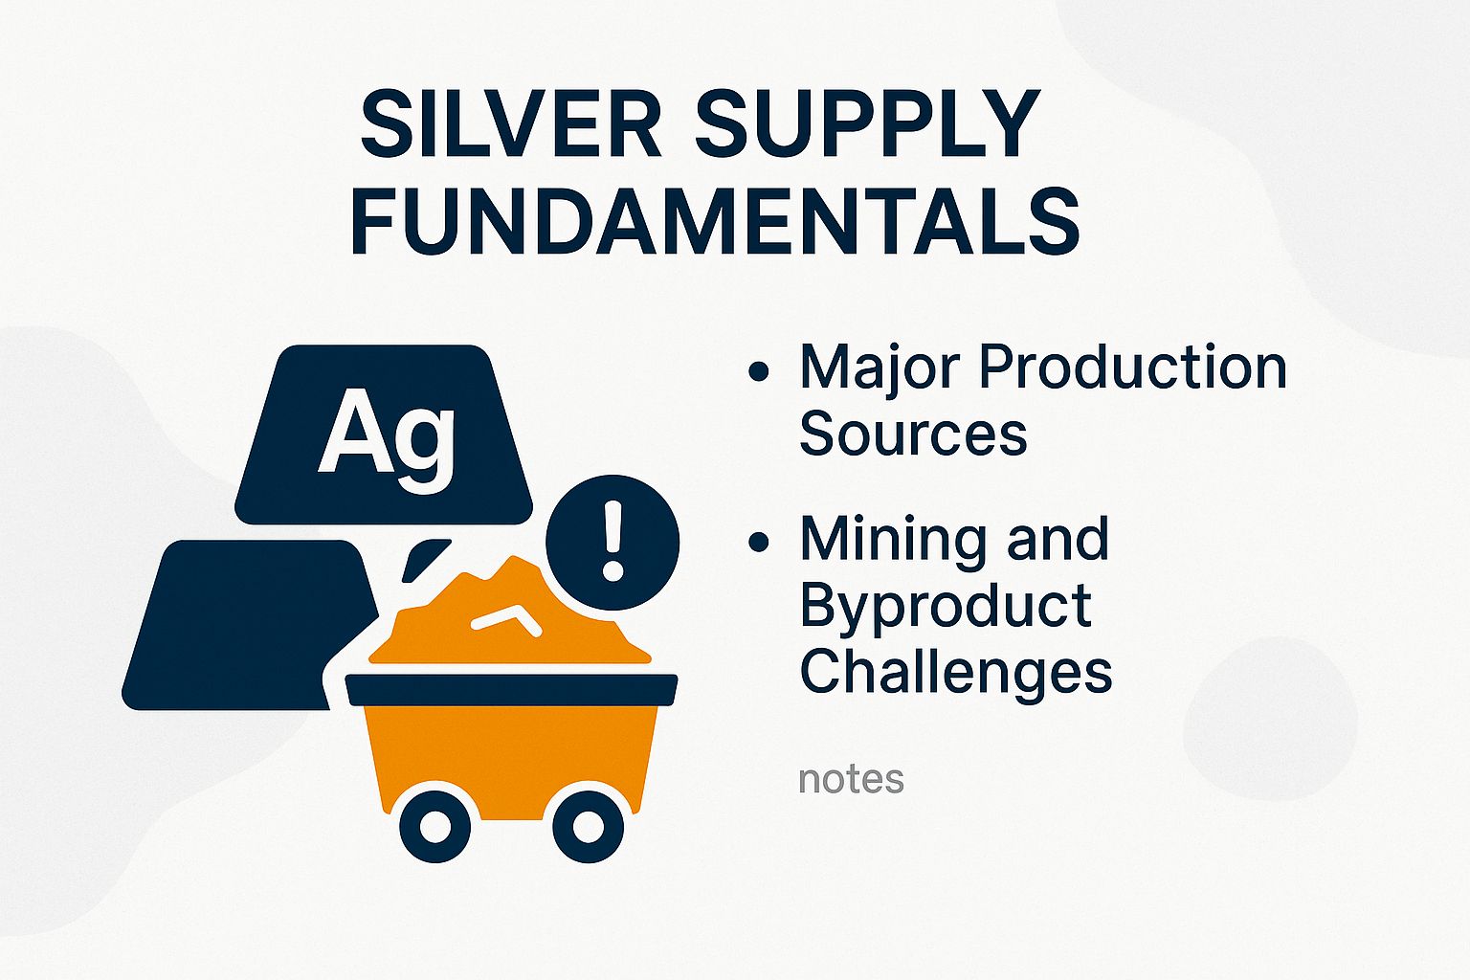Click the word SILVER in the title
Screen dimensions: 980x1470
(x=511, y=124)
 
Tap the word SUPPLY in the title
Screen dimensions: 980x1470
(x=867, y=124)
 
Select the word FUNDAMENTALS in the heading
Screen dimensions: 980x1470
(x=715, y=222)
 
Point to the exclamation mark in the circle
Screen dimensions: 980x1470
(x=612, y=542)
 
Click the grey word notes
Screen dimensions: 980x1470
(x=851, y=779)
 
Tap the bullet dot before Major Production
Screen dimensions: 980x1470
(x=759, y=371)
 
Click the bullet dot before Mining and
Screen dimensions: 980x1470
(x=759, y=543)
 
